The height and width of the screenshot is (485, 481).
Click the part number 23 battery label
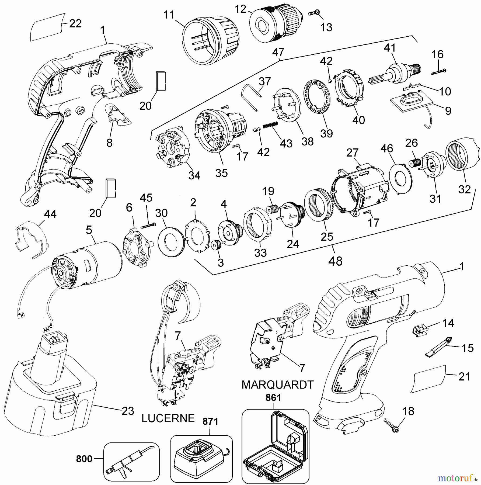[x=128, y=411]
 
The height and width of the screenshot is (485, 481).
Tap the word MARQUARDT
[x=277, y=385]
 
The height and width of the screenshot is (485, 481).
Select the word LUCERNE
[x=168, y=418]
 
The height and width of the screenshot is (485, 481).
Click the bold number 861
[x=273, y=398]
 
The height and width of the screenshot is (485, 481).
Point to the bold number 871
[x=210, y=422]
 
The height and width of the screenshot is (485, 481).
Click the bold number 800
[x=84, y=459]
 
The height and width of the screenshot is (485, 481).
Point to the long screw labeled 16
[x=438, y=72]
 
